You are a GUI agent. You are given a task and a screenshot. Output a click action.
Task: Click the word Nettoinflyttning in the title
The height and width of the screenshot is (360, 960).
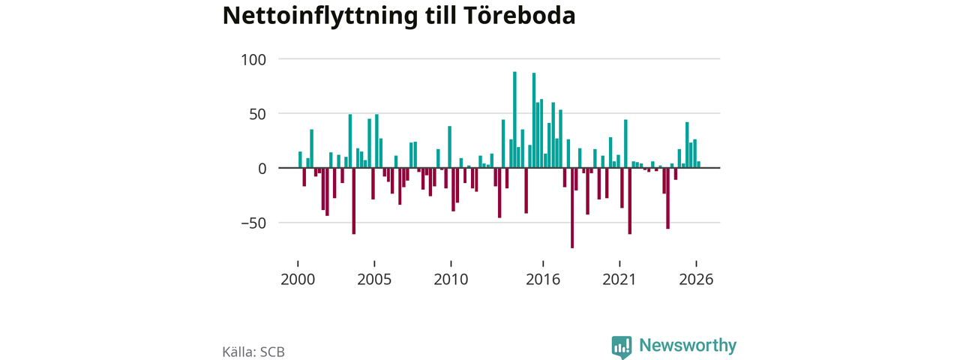tap(320, 16)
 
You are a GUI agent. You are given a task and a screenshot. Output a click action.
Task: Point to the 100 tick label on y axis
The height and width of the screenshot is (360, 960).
tap(253, 59)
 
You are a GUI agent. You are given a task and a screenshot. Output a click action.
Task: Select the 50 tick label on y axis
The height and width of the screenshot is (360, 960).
tap(258, 115)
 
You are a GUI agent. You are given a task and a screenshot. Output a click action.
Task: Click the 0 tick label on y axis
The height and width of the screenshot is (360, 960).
tap(262, 169)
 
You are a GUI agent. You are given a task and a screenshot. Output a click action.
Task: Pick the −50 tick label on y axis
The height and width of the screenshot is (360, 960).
tap(253, 223)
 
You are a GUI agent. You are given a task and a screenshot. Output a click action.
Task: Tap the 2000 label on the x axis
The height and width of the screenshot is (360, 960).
tap(298, 280)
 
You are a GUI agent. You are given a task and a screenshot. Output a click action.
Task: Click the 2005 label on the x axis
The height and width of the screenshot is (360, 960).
tap(374, 280)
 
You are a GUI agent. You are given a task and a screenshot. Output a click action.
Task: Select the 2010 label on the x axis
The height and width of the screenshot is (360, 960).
tap(451, 280)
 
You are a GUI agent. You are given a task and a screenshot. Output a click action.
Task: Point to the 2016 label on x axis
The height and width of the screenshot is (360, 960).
tap(543, 280)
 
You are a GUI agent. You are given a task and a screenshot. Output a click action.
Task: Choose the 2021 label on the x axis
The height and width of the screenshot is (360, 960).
tap(619, 280)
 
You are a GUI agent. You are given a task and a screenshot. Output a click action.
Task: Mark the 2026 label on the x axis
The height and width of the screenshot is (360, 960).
tap(697, 280)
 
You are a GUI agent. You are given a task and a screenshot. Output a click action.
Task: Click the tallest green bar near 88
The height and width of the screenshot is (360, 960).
tap(514, 119)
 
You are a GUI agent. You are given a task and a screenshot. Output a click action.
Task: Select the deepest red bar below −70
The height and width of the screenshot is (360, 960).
tap(572, 208)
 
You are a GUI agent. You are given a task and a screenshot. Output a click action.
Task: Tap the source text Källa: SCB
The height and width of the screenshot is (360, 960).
tap(253, 352)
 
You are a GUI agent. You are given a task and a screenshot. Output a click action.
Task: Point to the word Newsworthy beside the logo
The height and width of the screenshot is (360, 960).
tap(688, 346)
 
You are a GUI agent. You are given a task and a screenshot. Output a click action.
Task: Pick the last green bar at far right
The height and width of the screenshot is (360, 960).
tap(698, 164)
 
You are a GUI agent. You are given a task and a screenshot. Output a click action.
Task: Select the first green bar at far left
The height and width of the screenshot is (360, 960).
tap(301, 160)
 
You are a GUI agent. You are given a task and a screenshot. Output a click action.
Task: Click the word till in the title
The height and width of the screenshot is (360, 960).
tap(440, 16)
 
